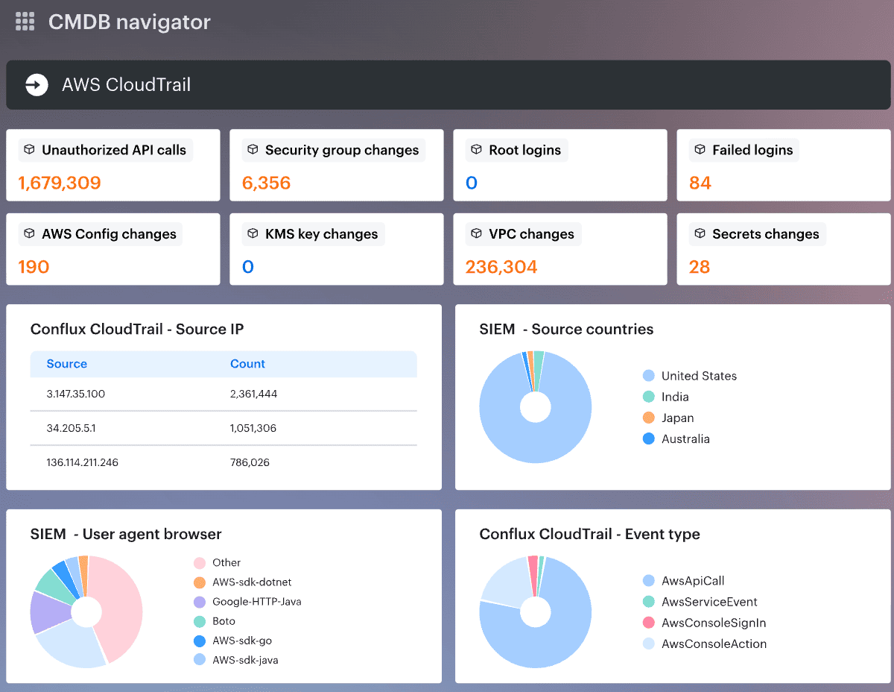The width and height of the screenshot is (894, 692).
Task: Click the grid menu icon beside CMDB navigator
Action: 25,22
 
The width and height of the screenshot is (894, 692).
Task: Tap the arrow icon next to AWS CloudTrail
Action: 37,85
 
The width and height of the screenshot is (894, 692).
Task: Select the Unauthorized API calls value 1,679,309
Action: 60,183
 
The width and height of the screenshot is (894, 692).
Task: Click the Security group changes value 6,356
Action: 266,183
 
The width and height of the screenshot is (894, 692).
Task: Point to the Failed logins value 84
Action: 700,183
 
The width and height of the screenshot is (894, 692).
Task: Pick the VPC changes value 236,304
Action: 501,267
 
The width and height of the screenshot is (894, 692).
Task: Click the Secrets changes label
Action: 765,234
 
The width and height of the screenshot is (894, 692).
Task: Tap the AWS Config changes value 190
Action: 34,267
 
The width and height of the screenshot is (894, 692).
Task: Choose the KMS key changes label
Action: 321,234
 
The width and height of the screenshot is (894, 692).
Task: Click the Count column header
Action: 247,364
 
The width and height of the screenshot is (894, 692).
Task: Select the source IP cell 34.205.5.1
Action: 71,428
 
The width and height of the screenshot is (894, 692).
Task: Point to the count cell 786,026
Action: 250,462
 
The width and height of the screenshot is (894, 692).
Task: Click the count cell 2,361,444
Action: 253,394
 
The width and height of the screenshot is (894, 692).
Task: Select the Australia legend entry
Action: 685,439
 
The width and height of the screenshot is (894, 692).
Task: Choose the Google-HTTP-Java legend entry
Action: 256,602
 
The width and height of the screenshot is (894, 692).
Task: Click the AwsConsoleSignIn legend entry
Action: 713,623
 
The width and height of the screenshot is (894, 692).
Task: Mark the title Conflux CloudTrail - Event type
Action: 589,534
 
